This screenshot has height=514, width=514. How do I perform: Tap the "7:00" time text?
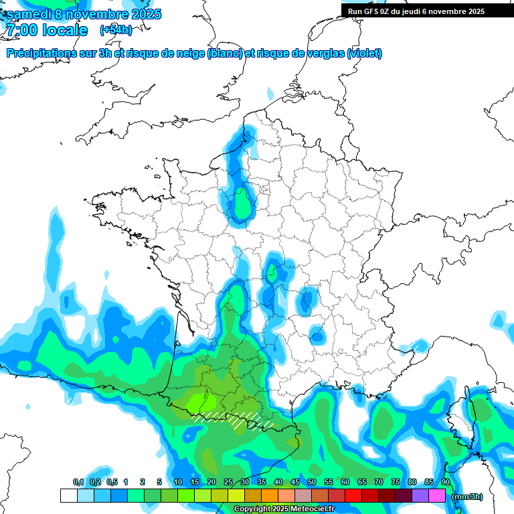[21, 30]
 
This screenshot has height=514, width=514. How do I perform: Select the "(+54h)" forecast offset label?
[116, 30]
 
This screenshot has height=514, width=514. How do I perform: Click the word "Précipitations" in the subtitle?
[39, 54]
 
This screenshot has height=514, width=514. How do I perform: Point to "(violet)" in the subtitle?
[365, 54]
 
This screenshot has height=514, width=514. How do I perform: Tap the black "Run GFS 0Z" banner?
[416, 11]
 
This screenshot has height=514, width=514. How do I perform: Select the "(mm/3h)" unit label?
[467, 496]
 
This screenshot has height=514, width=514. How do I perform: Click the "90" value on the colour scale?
[446, 482]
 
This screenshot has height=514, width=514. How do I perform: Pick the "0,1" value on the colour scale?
[78, 482]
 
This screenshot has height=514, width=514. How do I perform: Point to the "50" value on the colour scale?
[312, 482]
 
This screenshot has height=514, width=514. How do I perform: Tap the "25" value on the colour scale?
[228, 482]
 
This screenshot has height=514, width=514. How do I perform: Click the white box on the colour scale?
[68, 496]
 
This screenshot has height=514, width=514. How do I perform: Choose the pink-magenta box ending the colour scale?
[438, 496]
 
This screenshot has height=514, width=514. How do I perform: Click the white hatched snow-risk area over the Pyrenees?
[234, 420]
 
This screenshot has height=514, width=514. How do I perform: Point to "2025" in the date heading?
[143, 14]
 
